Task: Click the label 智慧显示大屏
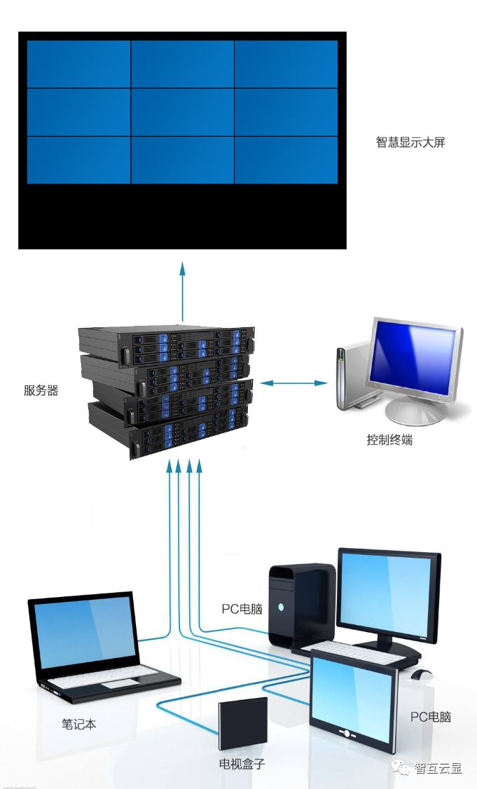coord(410,143)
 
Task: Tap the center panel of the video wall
coord(182,112)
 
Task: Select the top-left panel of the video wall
coord(78,64)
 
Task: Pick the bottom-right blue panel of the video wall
coord(286,160)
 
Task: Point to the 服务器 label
coord(41,391)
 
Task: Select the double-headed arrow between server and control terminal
coord(293,383)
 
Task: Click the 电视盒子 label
coord(242,764)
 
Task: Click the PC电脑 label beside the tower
coord(242,609)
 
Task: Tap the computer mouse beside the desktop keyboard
coord(421,674)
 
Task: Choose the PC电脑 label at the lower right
coord(430,717)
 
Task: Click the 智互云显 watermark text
coord(438,768)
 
